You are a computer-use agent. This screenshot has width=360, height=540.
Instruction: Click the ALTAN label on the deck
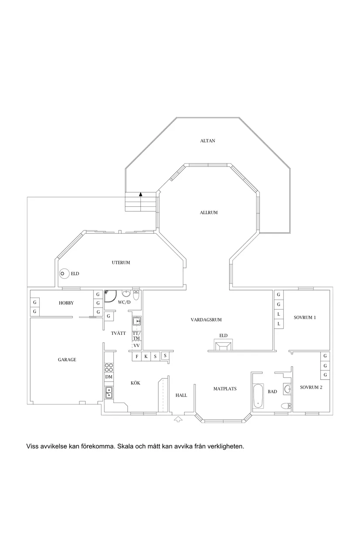[x=208, y=141]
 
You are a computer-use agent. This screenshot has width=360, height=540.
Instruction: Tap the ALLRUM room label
[x=209, y=213]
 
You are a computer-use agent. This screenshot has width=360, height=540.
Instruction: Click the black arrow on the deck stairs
[x=141, y=195]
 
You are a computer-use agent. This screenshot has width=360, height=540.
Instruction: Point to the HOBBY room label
[x=66, y=303]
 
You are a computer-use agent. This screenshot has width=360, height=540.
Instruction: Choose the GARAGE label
[x=67, y=360]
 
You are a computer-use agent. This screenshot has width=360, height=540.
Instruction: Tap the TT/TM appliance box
[x=137, y=336]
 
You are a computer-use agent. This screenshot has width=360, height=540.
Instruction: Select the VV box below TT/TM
[x=137, y=345]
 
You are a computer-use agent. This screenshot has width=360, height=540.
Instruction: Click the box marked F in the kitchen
[x=137, y=356]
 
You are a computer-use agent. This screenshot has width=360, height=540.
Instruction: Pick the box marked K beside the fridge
[x=146, y=356]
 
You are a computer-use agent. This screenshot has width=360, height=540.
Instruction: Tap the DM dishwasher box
[x=109, y=377]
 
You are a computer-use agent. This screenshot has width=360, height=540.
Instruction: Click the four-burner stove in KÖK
[x=109, y=367]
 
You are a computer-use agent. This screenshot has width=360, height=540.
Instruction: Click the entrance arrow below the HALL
[x=178, y=420]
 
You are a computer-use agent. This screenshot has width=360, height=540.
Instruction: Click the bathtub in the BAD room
[x=257, y=396]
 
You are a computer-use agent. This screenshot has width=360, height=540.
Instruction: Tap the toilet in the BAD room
[x=286, y=407]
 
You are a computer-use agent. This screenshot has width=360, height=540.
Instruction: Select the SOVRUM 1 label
[x=305, y=318]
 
